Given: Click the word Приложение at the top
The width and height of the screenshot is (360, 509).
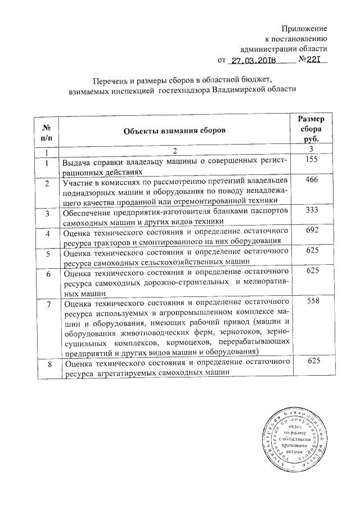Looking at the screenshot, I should (304, 28).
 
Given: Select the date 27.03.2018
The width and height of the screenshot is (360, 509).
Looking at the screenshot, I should (254, 60).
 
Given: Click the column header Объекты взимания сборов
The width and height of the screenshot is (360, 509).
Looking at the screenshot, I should (175, 130).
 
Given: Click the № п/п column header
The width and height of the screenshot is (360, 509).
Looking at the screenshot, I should (46, 130).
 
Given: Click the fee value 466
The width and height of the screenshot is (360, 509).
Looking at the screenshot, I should (310, 181).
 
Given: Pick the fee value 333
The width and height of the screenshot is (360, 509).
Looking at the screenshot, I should (310, 210).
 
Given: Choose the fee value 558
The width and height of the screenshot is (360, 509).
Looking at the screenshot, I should (310, 301).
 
